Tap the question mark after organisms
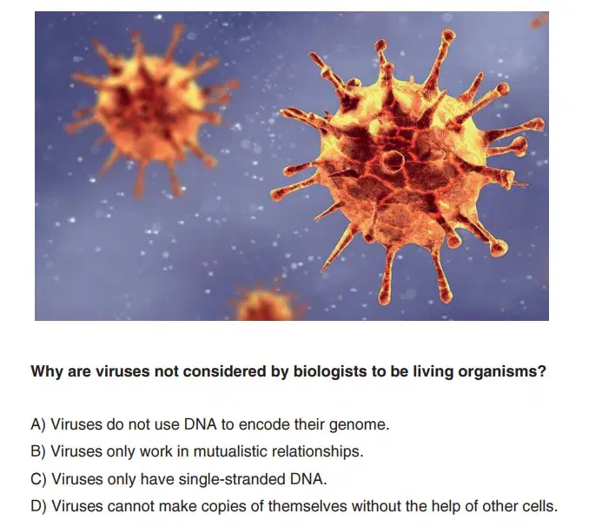pos(541,371)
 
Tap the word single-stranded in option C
pos(232,479)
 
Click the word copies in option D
pos(223,507)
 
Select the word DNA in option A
pos(200,424)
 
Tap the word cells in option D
pos(539,506)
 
